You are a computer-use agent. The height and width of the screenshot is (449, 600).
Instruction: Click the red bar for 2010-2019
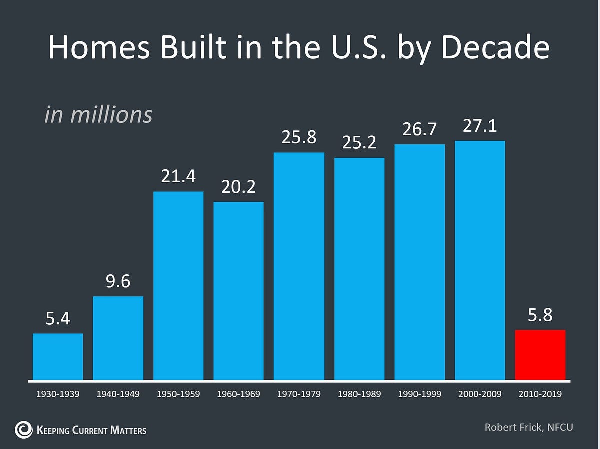540,355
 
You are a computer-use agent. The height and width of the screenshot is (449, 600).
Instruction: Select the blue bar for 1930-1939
58,356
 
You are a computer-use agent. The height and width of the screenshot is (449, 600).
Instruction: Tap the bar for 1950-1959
178,285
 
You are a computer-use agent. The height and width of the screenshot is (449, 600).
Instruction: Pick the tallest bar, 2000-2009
480,260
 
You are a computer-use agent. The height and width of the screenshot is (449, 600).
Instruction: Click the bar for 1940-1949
118,338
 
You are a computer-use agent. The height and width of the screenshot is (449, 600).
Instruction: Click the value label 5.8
540,315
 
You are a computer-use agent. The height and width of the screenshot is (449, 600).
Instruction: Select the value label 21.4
178,177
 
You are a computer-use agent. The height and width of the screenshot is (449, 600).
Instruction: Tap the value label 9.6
118,282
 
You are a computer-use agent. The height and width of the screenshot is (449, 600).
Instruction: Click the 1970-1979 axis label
299,394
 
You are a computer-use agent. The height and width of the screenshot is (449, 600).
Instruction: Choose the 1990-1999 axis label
419,394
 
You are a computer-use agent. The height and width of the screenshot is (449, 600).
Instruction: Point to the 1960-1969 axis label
238,394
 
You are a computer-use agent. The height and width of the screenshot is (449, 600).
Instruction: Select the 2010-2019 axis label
540,394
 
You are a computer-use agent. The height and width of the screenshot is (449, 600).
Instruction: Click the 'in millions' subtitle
98,115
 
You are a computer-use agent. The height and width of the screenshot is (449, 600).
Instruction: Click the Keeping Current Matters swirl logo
24,429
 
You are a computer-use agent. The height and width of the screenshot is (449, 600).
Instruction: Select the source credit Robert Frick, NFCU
528,427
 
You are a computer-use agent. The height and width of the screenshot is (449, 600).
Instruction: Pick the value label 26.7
419,130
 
